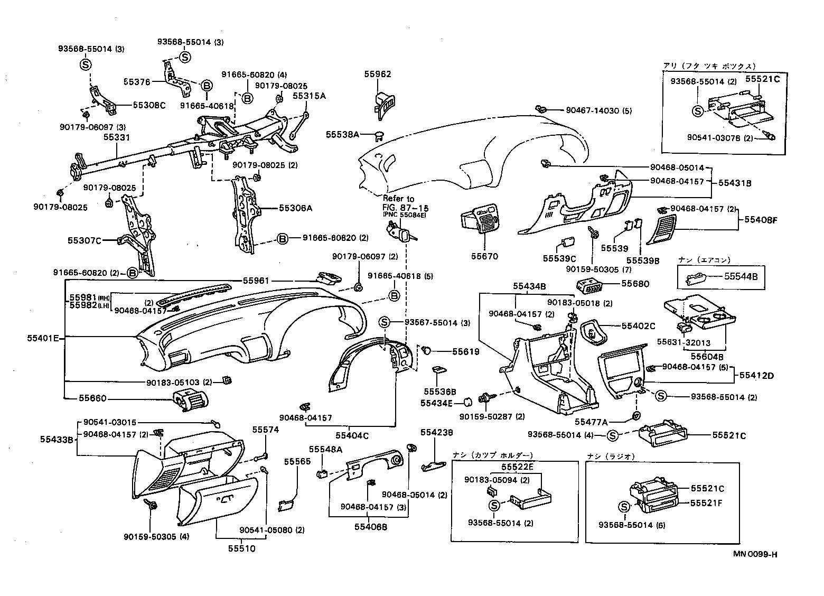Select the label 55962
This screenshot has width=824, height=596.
(x=377, y=74)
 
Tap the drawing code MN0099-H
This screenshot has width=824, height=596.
(x=755, y=554)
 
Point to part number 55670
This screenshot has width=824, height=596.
(x=484, y=256)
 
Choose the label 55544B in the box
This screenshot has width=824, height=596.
(x=741, y=276)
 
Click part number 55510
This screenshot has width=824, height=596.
(x=241, y=548)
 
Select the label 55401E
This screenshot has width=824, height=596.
(x=43, y=337)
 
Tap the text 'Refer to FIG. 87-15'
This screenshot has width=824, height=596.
(x=398, y=203)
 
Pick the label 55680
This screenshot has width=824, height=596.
(x=635, y=284)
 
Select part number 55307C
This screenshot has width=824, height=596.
(x=84, y=240)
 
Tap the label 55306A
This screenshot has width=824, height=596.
(x=296, y=208)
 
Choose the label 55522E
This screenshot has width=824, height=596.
(x=517, y=467)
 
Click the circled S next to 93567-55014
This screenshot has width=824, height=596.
(x=384, y=322)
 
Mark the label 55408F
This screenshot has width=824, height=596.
(x=761, y=219)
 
